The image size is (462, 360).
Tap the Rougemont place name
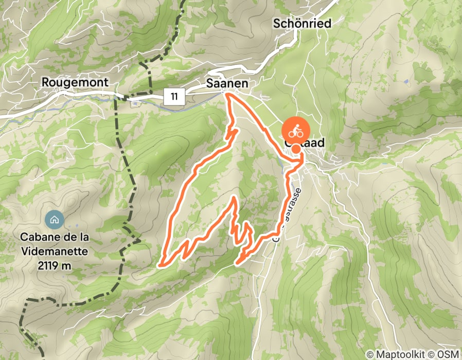pyautogui.click(x=75, y=82)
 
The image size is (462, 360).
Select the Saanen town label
pyautogui.click(x=227, y=83)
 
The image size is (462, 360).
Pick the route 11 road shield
pyautogui.click(x=175, y=96)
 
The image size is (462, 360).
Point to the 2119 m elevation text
pyautogui.click(x=54, y=266)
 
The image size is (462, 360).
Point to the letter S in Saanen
pyautogui.click(x=210, y=83)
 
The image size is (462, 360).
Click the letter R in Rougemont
pyautogui.click(x=45, y=82)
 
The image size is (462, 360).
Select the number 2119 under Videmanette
pyautogui.click(x=47, y=266)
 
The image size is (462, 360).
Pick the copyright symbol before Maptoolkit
pyautogui.click(x=369, y=354)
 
